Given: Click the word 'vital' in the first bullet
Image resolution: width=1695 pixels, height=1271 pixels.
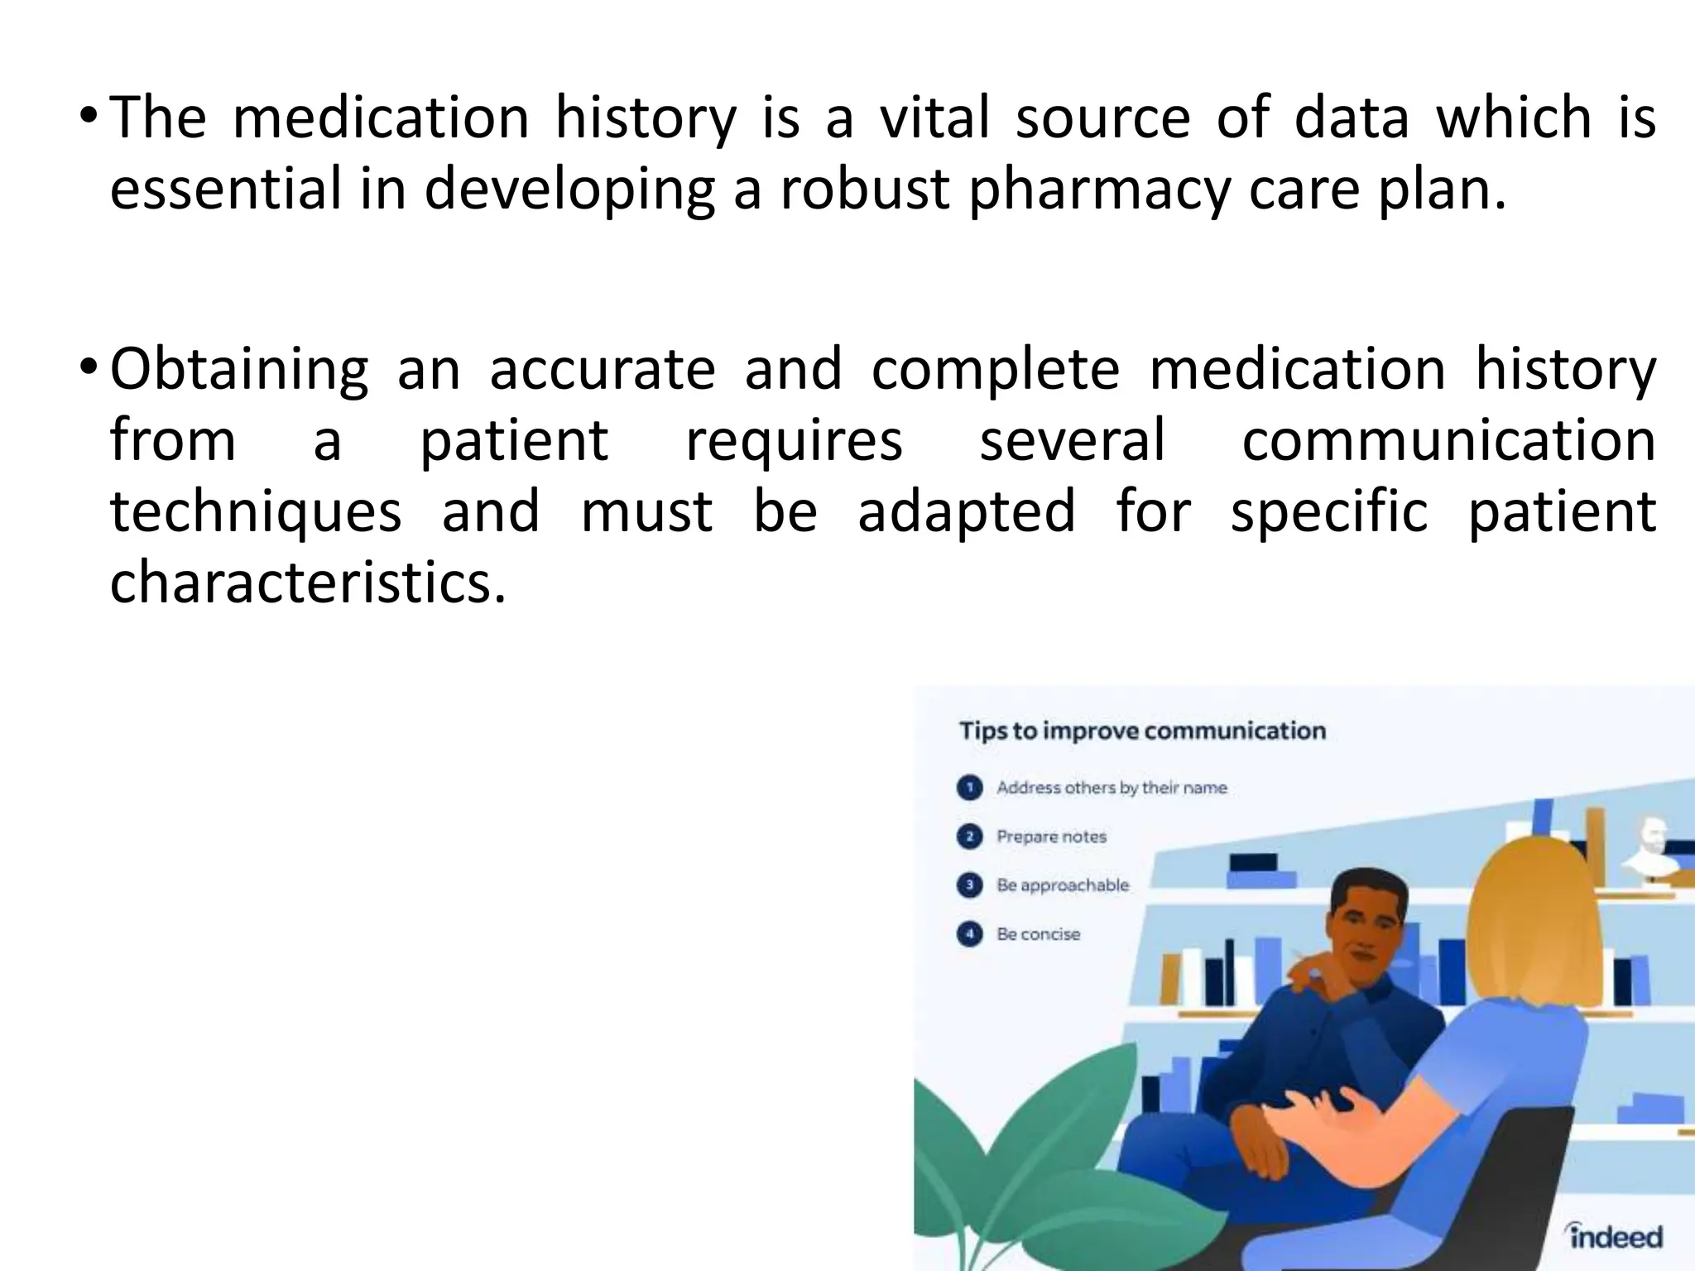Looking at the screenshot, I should click(x=934, y=118).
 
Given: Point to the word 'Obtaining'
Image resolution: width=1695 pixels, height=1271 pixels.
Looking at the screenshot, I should click(x=239, y=370).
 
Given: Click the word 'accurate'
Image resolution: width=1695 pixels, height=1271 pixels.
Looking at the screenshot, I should click(x=602, y=370).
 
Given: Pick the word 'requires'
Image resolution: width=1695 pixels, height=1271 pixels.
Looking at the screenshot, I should click(x=794, y=441).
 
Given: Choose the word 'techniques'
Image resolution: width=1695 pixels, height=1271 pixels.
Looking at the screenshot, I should click(x=256, y=512).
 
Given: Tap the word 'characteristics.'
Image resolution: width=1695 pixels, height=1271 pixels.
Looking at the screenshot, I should click(x=307, y=582).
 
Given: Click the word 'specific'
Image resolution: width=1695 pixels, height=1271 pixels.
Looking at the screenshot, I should click(x=1328, y=512).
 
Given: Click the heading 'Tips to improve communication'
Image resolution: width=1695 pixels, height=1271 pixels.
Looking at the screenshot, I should click(x=1142, y=731).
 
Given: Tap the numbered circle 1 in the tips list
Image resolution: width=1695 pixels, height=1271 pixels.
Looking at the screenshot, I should click(x=969, y=788).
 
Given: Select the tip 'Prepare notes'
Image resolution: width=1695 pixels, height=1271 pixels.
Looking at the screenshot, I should click(x=1051, y=837).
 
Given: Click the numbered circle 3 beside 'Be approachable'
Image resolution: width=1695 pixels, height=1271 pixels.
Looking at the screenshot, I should click(x=969, y=885).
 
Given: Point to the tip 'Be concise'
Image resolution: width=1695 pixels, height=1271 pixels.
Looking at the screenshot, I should click(x=1038, y=934).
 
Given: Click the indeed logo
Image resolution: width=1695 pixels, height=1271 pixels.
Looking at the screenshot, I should click(x=1614, y=1236).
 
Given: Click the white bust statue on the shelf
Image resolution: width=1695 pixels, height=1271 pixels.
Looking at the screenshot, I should click(x=1652, y=849).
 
